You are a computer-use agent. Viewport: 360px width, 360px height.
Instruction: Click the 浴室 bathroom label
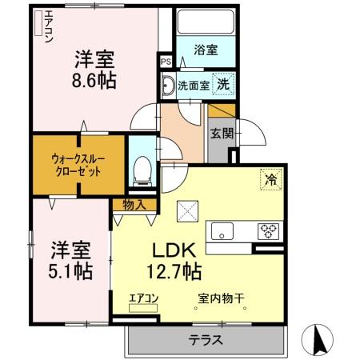click(x=206, y=50)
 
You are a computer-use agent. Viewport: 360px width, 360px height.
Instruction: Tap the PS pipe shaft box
click(x=166, y=61)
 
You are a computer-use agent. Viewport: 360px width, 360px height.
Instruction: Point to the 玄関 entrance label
click(x=221, y=134)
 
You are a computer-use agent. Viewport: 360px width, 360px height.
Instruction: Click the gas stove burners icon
click(x=268, y=231)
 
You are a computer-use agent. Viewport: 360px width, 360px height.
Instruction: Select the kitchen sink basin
click(x=221, y=233)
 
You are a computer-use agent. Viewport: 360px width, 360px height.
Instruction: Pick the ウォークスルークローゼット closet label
click(x=78, y=165)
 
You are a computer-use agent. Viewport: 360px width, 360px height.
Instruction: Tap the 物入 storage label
click(x=134, y=205)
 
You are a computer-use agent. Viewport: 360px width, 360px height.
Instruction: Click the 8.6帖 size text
click(x=94, y=81)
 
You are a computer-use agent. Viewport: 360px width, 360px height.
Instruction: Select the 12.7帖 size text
click(x=174, y=271)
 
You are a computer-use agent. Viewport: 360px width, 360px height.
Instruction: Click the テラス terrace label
click(x=205, y=339)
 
